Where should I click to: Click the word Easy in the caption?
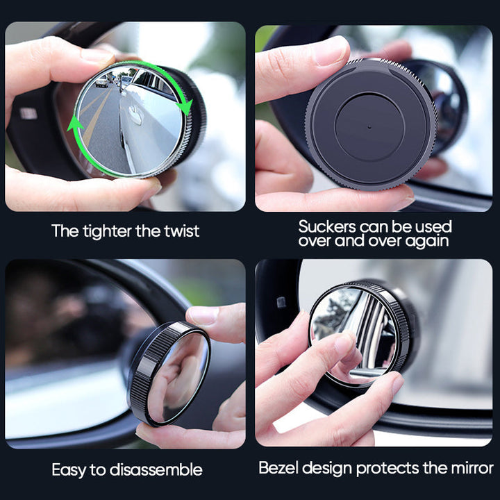coord(70,470)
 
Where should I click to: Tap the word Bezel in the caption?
coord(278,467)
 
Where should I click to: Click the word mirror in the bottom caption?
coord(470,467)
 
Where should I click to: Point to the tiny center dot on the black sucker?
coord(369,128)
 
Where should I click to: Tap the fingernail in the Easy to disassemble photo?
coord(203,315)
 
